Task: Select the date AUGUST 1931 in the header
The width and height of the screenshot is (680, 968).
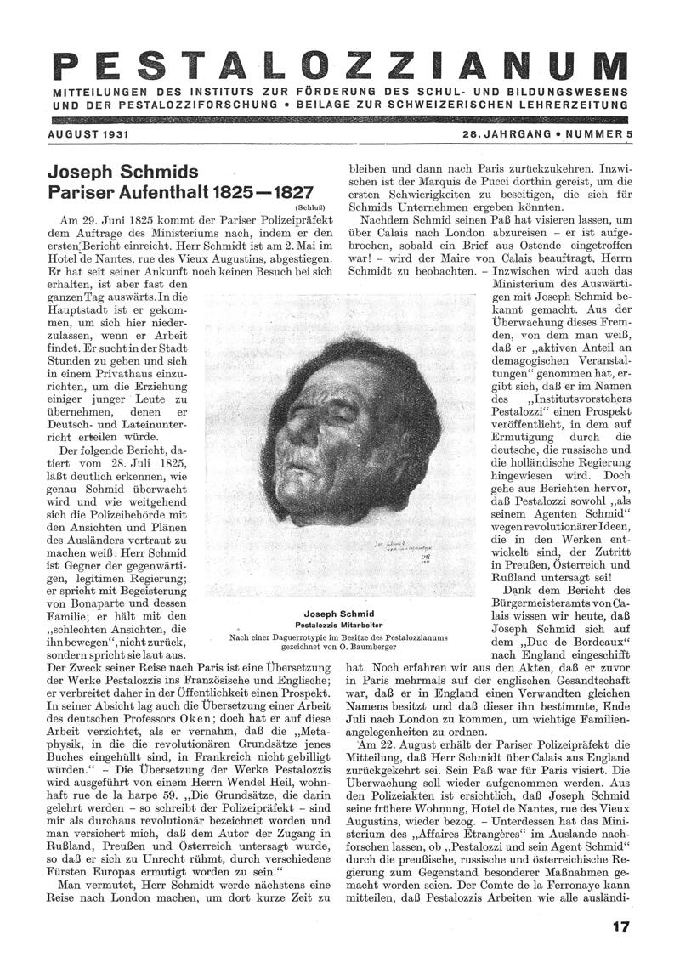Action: point(83,135)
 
